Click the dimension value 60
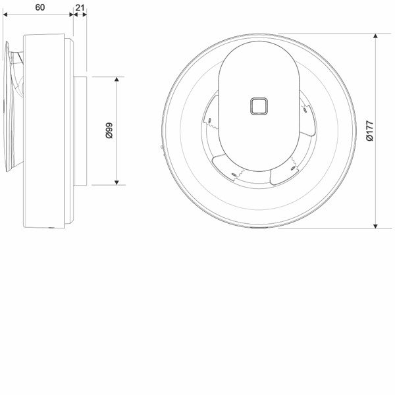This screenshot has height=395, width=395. click(39, 7)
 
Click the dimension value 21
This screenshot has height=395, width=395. click(80, 8)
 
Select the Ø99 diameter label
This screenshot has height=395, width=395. click(109, 130)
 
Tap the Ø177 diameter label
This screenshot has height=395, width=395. click(369, 131)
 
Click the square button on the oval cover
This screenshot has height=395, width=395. click(259, 106)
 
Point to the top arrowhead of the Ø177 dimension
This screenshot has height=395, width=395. click(375, 36)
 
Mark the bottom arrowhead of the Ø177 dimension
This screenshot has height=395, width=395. click(375, 226)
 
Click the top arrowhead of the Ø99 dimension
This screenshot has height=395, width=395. click(117, 79)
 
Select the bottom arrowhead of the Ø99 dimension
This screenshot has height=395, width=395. click(117, 182)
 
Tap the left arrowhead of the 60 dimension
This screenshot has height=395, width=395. click(5, 14)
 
